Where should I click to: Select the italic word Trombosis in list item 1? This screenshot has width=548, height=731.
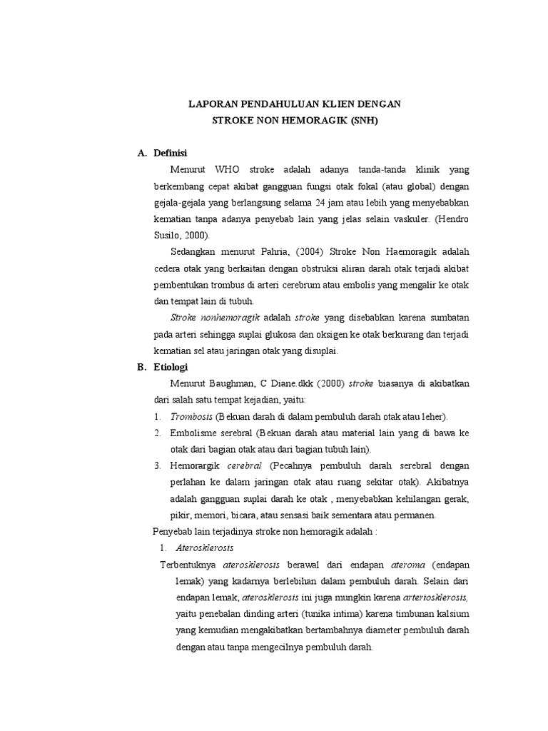(x=192, y=416)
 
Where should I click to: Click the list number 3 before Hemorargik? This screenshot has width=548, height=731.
(x=156, y=465)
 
